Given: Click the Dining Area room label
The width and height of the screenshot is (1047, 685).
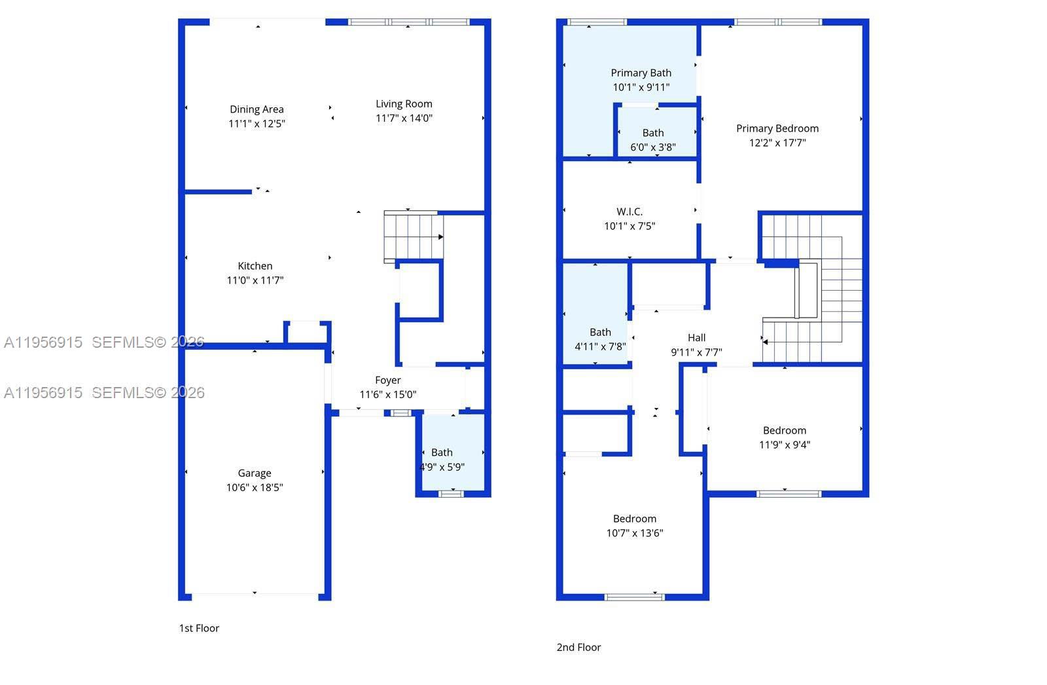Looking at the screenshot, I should click(257, 109).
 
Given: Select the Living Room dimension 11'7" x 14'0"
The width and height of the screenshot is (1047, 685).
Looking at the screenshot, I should click(404, 119).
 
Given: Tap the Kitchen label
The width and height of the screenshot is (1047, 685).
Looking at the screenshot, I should click(255, 266).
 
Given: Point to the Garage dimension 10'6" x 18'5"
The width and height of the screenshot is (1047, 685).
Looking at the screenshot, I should click(255, 487).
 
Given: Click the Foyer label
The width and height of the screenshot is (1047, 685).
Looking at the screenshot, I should click(388, 380).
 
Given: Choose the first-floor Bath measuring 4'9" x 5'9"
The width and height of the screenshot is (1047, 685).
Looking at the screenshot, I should click(442, 460).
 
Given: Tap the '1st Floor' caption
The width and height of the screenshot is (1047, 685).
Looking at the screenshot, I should click(199, 628).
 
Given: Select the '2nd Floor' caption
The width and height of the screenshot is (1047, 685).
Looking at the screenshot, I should click(578, 647).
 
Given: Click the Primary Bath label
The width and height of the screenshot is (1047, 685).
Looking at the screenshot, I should click(641, 73).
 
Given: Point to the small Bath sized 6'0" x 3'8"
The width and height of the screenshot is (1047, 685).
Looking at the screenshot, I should click(652, 140).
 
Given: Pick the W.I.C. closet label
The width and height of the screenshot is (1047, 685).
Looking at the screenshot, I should click(630, 212).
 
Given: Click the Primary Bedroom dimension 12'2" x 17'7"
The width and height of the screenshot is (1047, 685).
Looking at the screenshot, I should click(777, 143).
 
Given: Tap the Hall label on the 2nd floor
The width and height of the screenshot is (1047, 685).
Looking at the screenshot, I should click(696, 338).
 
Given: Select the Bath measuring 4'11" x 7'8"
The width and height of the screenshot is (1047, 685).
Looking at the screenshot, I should click(600, 339).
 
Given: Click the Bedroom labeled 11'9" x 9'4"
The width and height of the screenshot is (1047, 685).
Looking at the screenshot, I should click(785, 437).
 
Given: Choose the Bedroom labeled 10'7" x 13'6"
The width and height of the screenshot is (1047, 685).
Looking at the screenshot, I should click(635, 526).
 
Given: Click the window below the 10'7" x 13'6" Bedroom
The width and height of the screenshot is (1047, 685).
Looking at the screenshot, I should click(634, 597).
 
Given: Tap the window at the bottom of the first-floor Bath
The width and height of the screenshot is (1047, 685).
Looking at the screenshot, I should click(450, 493).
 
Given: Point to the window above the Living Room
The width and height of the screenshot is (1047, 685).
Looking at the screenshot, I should click(408, 22).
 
